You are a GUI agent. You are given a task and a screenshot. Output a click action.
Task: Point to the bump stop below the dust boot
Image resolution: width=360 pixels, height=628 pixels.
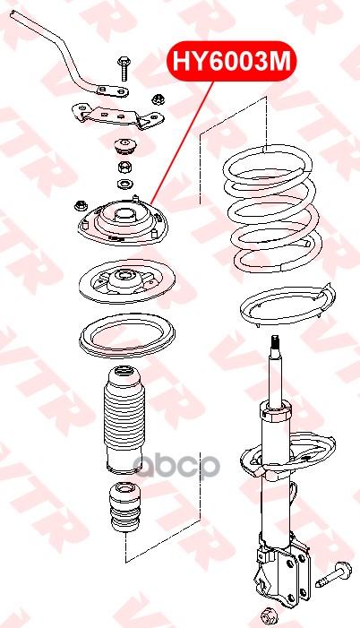[124, 508]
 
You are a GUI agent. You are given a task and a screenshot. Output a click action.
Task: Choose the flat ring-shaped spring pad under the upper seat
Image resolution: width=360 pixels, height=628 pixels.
[127, 337]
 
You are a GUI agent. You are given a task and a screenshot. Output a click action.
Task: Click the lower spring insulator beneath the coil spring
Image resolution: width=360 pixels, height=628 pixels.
[288, 306]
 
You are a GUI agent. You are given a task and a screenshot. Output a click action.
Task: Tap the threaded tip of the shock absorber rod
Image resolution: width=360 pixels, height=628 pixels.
[275, 342]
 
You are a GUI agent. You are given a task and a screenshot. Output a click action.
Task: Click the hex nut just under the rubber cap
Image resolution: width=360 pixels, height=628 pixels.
[124, 167]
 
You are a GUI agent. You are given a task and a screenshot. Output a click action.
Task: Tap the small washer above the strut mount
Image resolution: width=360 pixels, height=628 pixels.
[124, 185]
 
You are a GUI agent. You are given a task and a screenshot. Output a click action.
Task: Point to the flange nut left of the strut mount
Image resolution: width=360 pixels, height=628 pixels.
[81, 206]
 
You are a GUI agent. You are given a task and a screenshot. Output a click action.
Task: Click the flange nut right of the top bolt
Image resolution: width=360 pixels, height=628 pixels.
[157, 99]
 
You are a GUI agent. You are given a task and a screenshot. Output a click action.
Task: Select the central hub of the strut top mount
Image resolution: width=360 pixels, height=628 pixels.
[124, 217]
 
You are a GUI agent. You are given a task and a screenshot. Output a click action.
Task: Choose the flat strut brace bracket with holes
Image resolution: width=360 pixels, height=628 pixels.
[118, 116]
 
